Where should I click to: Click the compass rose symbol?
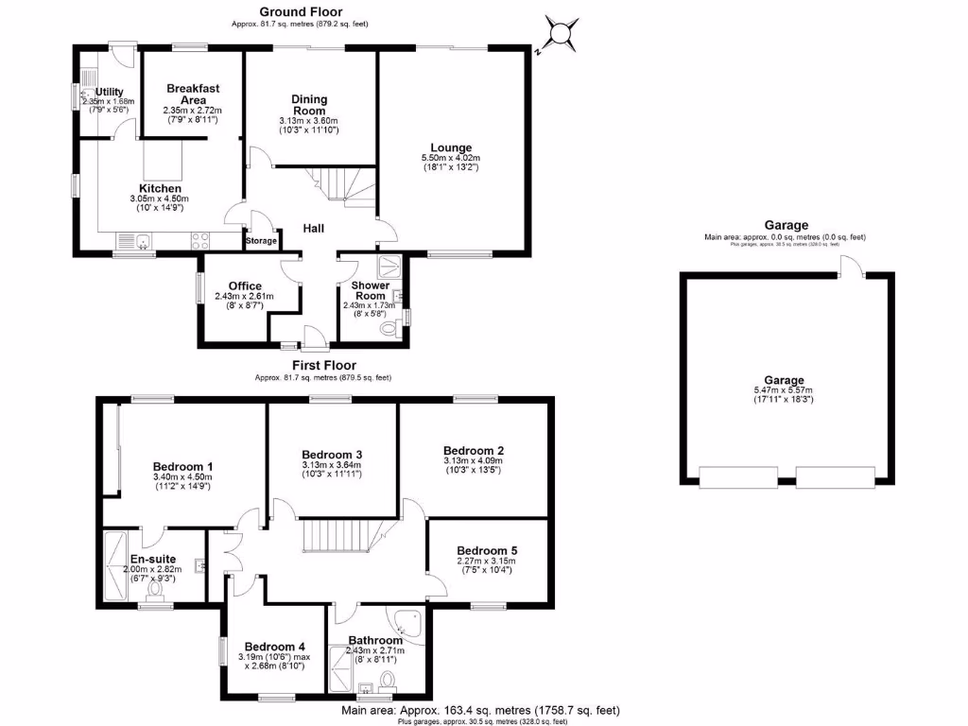coord(560,35)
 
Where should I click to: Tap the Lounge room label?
coord(451,147)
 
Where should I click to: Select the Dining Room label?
coord(309,104)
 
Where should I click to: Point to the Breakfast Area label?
coord(193,95)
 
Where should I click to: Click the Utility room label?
coord(109,92)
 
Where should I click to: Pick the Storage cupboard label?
coord(262,241)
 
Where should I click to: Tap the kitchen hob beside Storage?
coord(200,241)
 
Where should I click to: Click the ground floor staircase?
coord(343,184)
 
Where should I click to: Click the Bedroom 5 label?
coord(487,551)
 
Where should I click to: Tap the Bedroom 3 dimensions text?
coord(331,469)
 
